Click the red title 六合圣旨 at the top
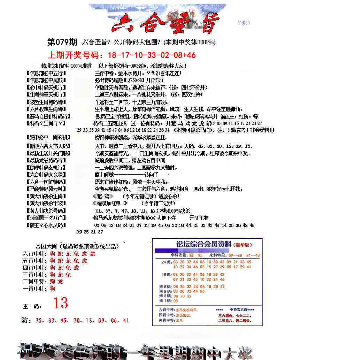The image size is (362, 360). coord(165,23)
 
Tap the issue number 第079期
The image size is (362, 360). coord(62,43)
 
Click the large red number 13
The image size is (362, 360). coord(60,303)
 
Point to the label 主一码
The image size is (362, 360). coord(32,306)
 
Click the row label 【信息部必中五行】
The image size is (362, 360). coord(46,74)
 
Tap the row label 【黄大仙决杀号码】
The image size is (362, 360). coord(46,211)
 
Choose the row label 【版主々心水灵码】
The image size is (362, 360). coord(46,225)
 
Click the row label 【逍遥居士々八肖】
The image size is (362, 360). coord(46,218)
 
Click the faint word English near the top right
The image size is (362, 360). coord(244,23)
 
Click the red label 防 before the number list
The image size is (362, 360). coord(26,321)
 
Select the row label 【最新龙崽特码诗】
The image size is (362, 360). coord(46,160)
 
